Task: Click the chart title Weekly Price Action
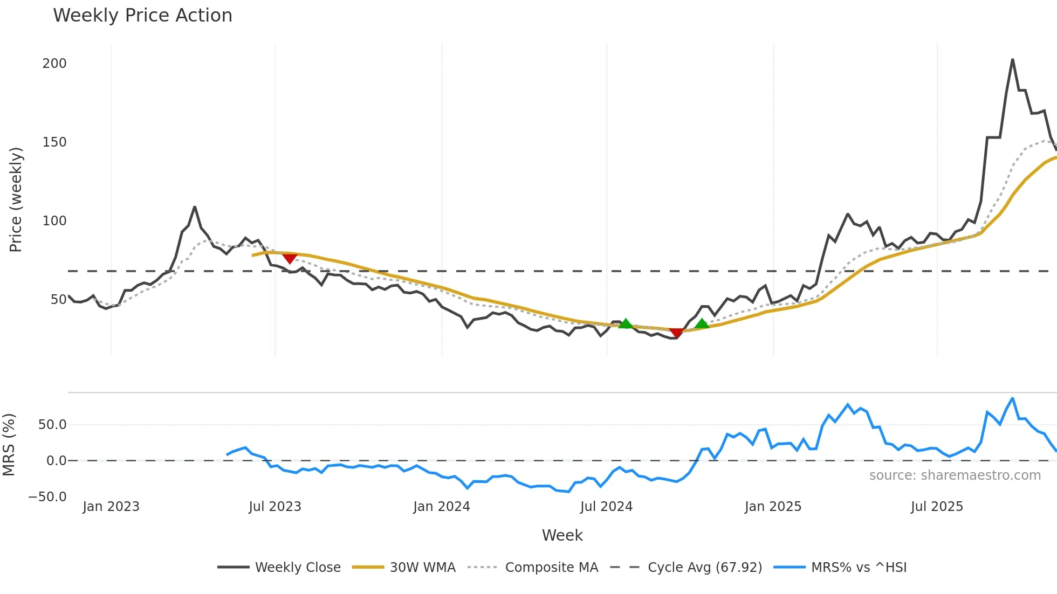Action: point(142,16)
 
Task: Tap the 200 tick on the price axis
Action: point(54,64)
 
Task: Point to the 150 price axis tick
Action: point(54,142)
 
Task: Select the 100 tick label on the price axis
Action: point(54,221)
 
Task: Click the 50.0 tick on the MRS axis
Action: point(52,425)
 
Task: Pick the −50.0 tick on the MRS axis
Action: point(47,497)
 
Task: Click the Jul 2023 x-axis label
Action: point(275,507)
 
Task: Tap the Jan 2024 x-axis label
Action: point(442,507)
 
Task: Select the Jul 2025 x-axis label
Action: point(937,507)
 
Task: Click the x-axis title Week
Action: point(562,535)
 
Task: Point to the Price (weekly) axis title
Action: point(16,199)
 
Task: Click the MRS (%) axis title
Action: point(9,445)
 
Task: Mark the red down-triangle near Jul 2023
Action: point(290,259)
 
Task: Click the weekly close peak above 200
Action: point(1012,60)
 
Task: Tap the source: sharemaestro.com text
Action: point(955,475)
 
